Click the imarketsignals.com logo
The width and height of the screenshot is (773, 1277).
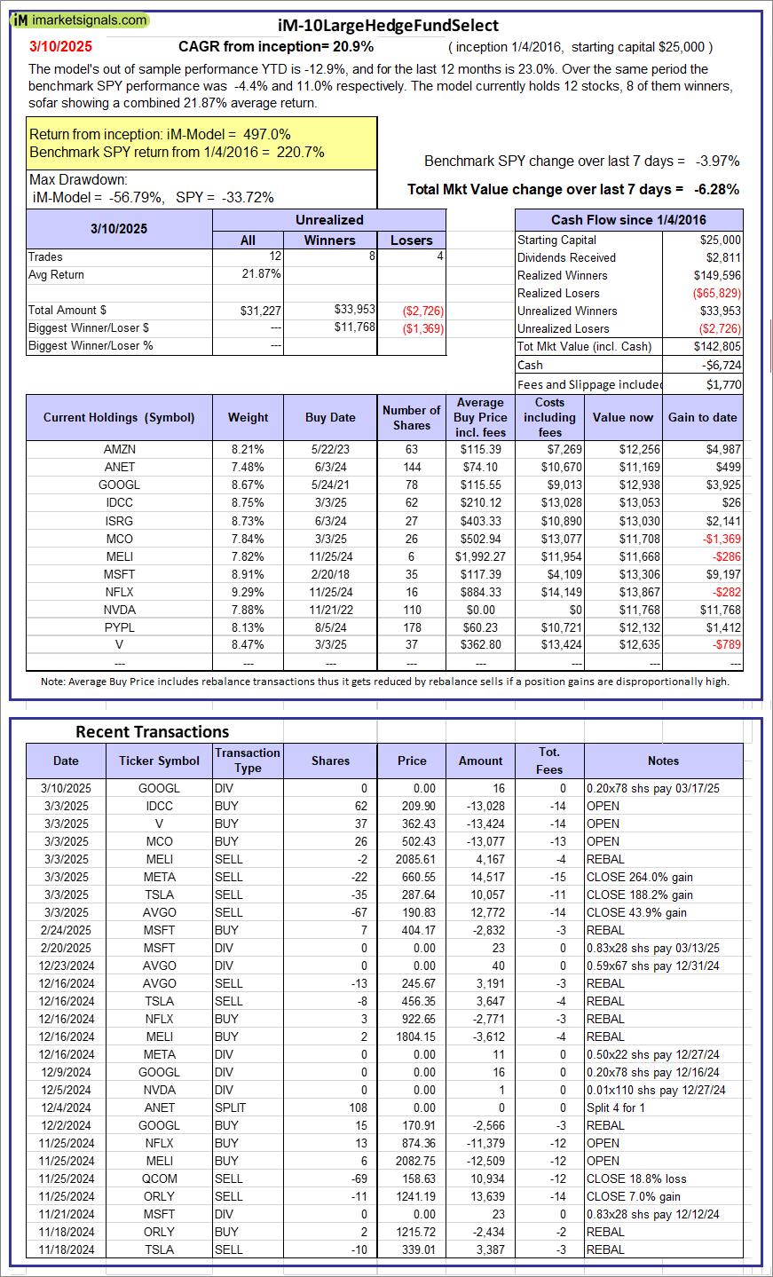click(x=80, y=20)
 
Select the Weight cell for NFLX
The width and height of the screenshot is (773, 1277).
click(x=248, y=592)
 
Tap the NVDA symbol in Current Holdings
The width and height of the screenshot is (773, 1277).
click(x=119, y=610)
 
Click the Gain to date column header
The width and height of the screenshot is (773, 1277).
click(x=703, y=417)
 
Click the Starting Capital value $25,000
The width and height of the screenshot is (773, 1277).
click(x=720, y=240)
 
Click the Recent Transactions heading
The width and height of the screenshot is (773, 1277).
click(x=153, y=732)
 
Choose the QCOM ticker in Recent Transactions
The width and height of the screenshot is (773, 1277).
click(x=159, y=1178)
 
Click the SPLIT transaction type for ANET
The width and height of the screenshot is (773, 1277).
click(x=229, y=1108)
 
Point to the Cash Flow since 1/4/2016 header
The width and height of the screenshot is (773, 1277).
click(x=628, y=220)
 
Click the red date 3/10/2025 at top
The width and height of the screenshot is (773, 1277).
click(x=60, y=46)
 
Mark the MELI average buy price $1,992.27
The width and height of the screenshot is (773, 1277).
click(x=480, y=556)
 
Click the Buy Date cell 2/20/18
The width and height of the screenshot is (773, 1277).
click(x=330, y=574)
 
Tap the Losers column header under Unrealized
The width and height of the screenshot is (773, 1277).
click(x=411, y=240)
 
